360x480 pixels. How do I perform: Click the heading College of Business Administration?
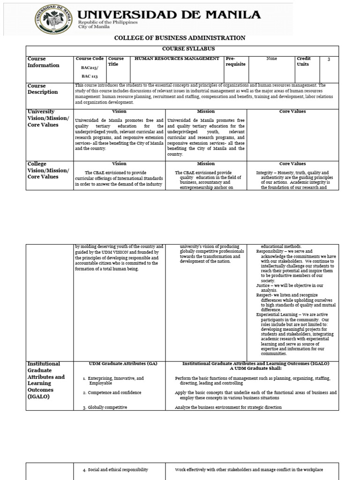coord(180,38)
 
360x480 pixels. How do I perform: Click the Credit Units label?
coord(304,61)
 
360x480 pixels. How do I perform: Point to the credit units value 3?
coord(329,59)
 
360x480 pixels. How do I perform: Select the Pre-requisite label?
coord(235,61)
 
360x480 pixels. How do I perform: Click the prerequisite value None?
coord(271,59)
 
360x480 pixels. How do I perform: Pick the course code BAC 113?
coord(88,75)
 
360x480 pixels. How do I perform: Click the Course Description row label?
coord(43,89)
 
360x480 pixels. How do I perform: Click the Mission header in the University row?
coord(206,112)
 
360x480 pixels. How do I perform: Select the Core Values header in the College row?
coord(292,164)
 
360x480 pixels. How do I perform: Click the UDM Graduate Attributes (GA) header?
coord(119,364)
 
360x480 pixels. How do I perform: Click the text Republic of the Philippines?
coord(108,22)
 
